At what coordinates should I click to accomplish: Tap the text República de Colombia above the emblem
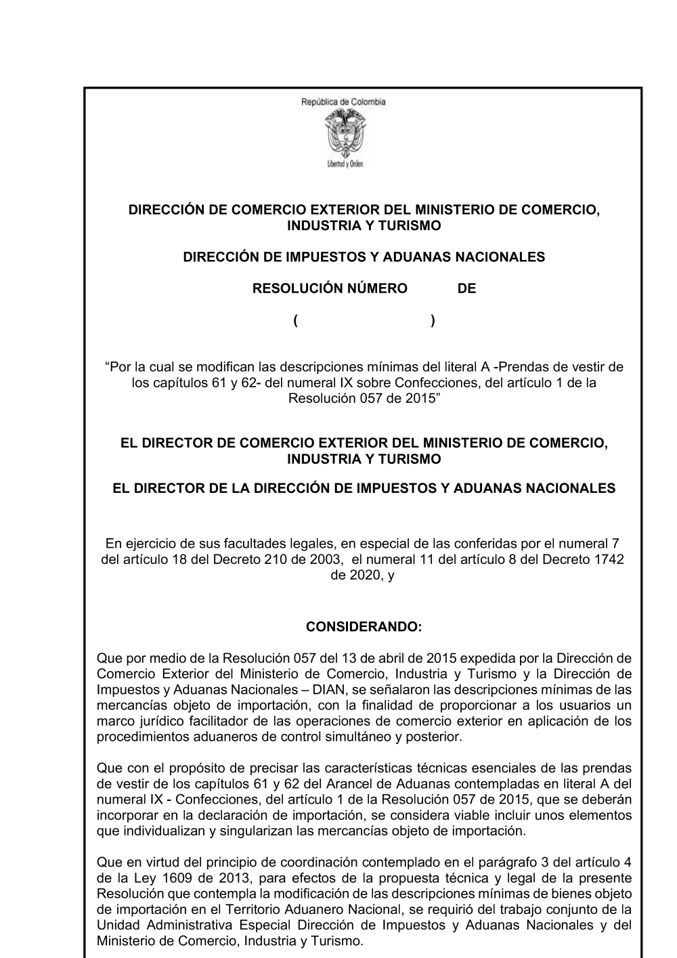point(343,102)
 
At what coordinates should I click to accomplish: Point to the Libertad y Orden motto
point(344,165)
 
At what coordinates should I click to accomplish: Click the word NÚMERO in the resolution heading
point(376,289)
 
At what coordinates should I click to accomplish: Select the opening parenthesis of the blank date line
point(297,320)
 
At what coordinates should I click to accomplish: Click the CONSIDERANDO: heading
point(364,628)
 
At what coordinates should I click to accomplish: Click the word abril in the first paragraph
point(389,658)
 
